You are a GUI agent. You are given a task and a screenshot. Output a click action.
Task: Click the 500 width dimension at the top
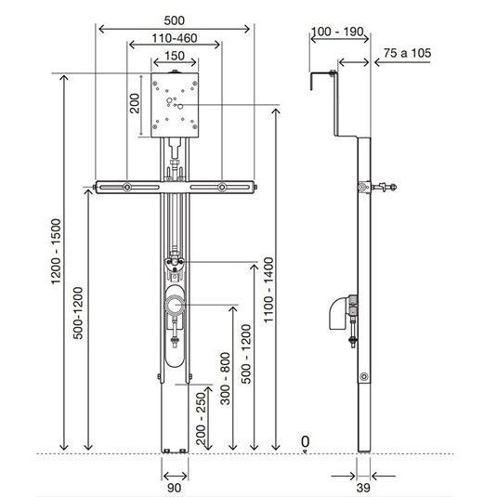pos(175,18)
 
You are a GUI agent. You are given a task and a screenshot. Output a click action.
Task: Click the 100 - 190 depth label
pos(336,33)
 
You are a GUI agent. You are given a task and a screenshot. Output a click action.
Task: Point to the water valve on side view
pos(381,189)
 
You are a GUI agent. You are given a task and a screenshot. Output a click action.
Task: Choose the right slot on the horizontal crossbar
pos(223,190)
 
